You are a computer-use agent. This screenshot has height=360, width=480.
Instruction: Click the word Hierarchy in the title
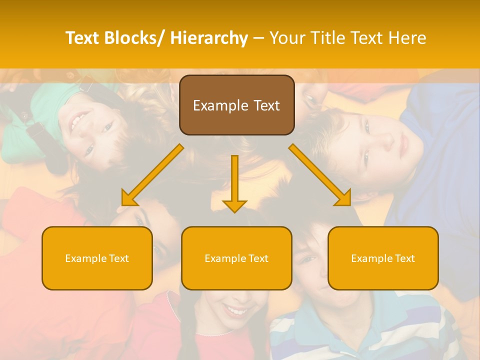[x=209, y=38]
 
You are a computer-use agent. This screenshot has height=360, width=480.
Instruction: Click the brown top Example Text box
[x=236, y=105]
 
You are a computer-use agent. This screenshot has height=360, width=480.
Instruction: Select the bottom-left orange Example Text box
[x=97, y=258]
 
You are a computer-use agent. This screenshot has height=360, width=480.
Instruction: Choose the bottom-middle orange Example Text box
[x=236, y=258]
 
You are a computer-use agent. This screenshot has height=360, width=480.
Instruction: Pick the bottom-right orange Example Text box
[x=383, y=258]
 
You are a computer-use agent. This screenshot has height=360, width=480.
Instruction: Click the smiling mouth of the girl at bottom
[x=235, y=311]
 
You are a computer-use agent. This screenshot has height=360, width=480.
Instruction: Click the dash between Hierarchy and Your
[x=258, y=38]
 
